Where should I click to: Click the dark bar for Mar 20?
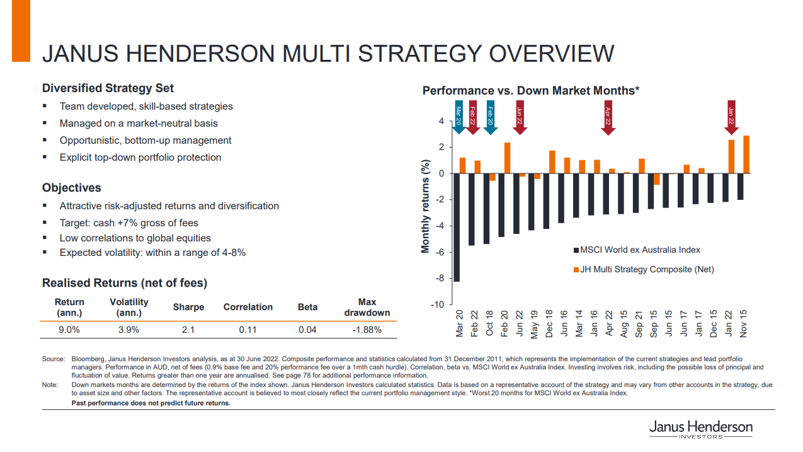tap(457, 227)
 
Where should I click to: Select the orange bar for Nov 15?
tap(746, 154)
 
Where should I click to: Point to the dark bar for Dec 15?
tap(710, 188)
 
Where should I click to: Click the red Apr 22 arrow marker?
tap(608, 117)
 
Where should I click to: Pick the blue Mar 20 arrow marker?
tap(458, 117)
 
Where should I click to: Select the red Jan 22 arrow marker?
tap(731, 117)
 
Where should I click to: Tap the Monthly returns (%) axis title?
tap(426, 207)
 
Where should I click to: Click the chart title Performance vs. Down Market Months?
tap(531, 91)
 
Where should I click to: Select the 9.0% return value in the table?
tap(69, 329)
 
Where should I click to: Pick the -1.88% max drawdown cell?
tap(367, 329)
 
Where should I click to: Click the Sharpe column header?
tap(188, 307)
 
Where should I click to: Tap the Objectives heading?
tap(71, 188)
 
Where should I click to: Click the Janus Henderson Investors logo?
tap(700, 429)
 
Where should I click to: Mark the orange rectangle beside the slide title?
tap(21, 31)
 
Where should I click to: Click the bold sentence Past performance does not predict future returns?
tap(151, 403)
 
